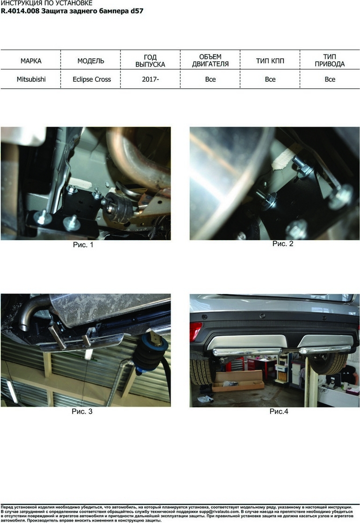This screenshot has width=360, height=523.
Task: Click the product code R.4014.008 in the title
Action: click(20, 11)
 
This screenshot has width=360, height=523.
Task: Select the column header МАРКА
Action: click(31, 61)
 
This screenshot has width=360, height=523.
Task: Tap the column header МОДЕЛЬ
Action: click(91, 61)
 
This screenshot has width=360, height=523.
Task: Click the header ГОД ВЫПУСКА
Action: click(150, 61)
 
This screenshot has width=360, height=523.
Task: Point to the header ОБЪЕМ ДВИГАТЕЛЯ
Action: click(210, 60)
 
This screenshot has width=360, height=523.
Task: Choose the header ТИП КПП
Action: click(270, 61)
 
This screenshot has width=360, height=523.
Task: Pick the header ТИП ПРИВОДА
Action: click(330, 60)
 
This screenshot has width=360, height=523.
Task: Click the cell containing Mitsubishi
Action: click(31, 79)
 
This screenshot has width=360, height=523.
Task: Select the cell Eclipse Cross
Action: click(92, 79)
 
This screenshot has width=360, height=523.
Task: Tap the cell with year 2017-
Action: click(150, 79)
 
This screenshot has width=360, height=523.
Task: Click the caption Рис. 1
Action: click(83, 245)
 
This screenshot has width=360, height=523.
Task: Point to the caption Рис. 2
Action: click(282, 244)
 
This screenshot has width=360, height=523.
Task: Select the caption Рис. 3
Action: click(82, 411)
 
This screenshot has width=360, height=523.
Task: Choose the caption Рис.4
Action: click(279, 411)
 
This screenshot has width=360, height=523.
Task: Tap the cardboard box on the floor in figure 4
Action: click(238, 382)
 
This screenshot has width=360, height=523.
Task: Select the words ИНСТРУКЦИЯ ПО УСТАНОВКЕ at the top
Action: click(47, 3)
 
